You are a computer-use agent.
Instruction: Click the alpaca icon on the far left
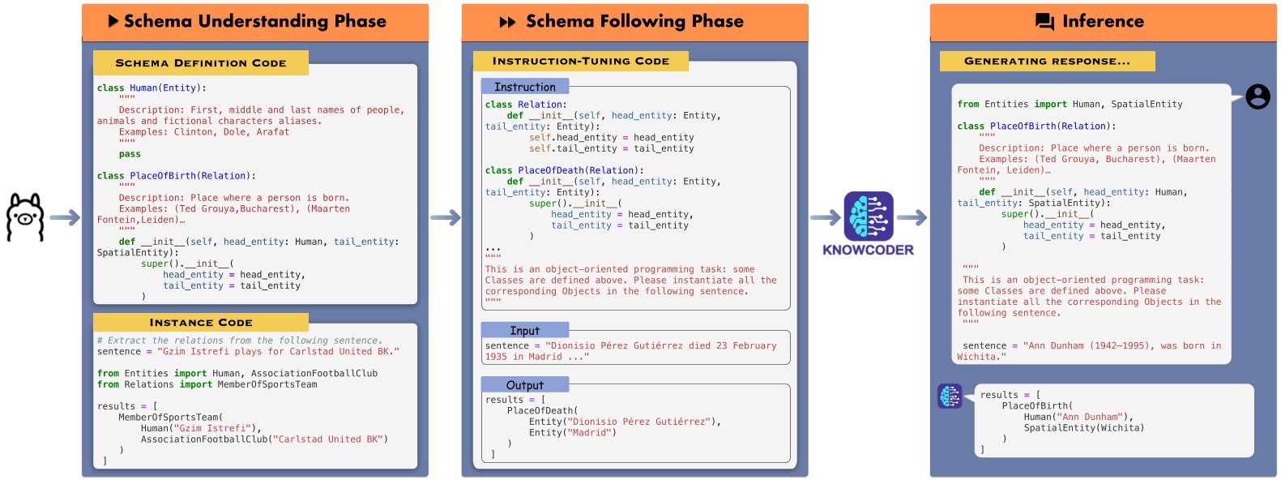tap(25, 217)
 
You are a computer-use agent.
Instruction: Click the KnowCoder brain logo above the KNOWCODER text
tap(868, 216)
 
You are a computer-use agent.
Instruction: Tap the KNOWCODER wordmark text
tap(868, 250)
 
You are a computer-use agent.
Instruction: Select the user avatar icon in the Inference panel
tap(1258, 96)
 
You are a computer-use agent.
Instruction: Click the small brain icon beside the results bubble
tap(950, 396)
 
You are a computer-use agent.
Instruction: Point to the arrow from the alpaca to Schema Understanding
tap(65, 217)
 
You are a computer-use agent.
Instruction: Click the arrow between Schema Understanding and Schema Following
tap(445, 217)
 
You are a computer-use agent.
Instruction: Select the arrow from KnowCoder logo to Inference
tap(912, 217)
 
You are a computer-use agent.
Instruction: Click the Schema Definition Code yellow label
tap(201, 62)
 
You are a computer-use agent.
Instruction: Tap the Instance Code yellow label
tap(201, 322)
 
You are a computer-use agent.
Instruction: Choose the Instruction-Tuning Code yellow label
tap(580, 61)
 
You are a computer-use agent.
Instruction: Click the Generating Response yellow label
tap(1047, 61)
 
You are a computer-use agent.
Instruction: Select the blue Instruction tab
tap(525, 87)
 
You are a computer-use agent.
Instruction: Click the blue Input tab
tap(525, 331)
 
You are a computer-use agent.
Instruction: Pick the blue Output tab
tap(525, 385)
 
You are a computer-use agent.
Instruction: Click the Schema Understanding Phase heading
tap(254, 21)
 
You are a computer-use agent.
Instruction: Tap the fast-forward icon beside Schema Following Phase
tap(508, 22)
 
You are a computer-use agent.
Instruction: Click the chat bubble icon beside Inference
tap(1045, 22)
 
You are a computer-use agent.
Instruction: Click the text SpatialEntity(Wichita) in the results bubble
tap(1083, 428)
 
